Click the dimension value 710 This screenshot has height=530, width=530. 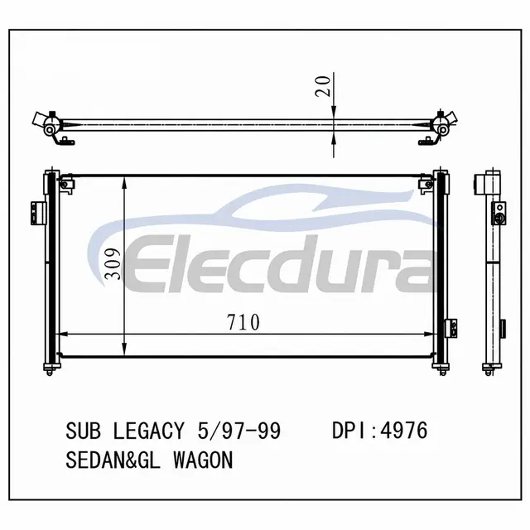pyautogui.click(x=243, y=322)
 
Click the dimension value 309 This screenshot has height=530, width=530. pyautogui.click(x=113, y=264)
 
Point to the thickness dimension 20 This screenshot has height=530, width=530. pyautogui.click(x=322, y=86)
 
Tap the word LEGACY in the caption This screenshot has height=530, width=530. pyautogui.click(x=149, y=431)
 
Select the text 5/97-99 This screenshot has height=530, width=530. pyautogui.click(x=239, y=431)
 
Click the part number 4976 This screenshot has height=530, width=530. pyautogui.click(x=404, y=431)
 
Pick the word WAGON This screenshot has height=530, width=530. pyautogui.click(x=203, y=460)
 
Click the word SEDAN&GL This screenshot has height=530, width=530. pyautogui.click(x=113, y=460)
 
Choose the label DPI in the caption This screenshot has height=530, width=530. pyautogui.click(x=350, y=431)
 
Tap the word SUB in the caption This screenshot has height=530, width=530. pyautogui.click(x=83, y=431)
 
